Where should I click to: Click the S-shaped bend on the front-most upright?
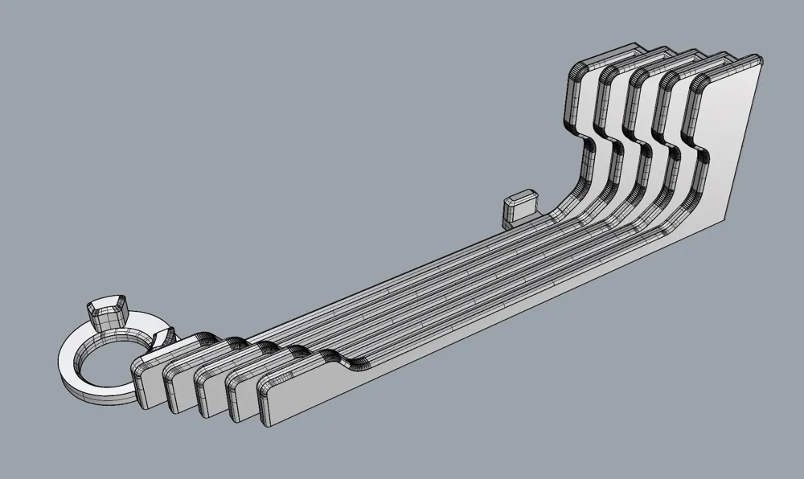(698, 153)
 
